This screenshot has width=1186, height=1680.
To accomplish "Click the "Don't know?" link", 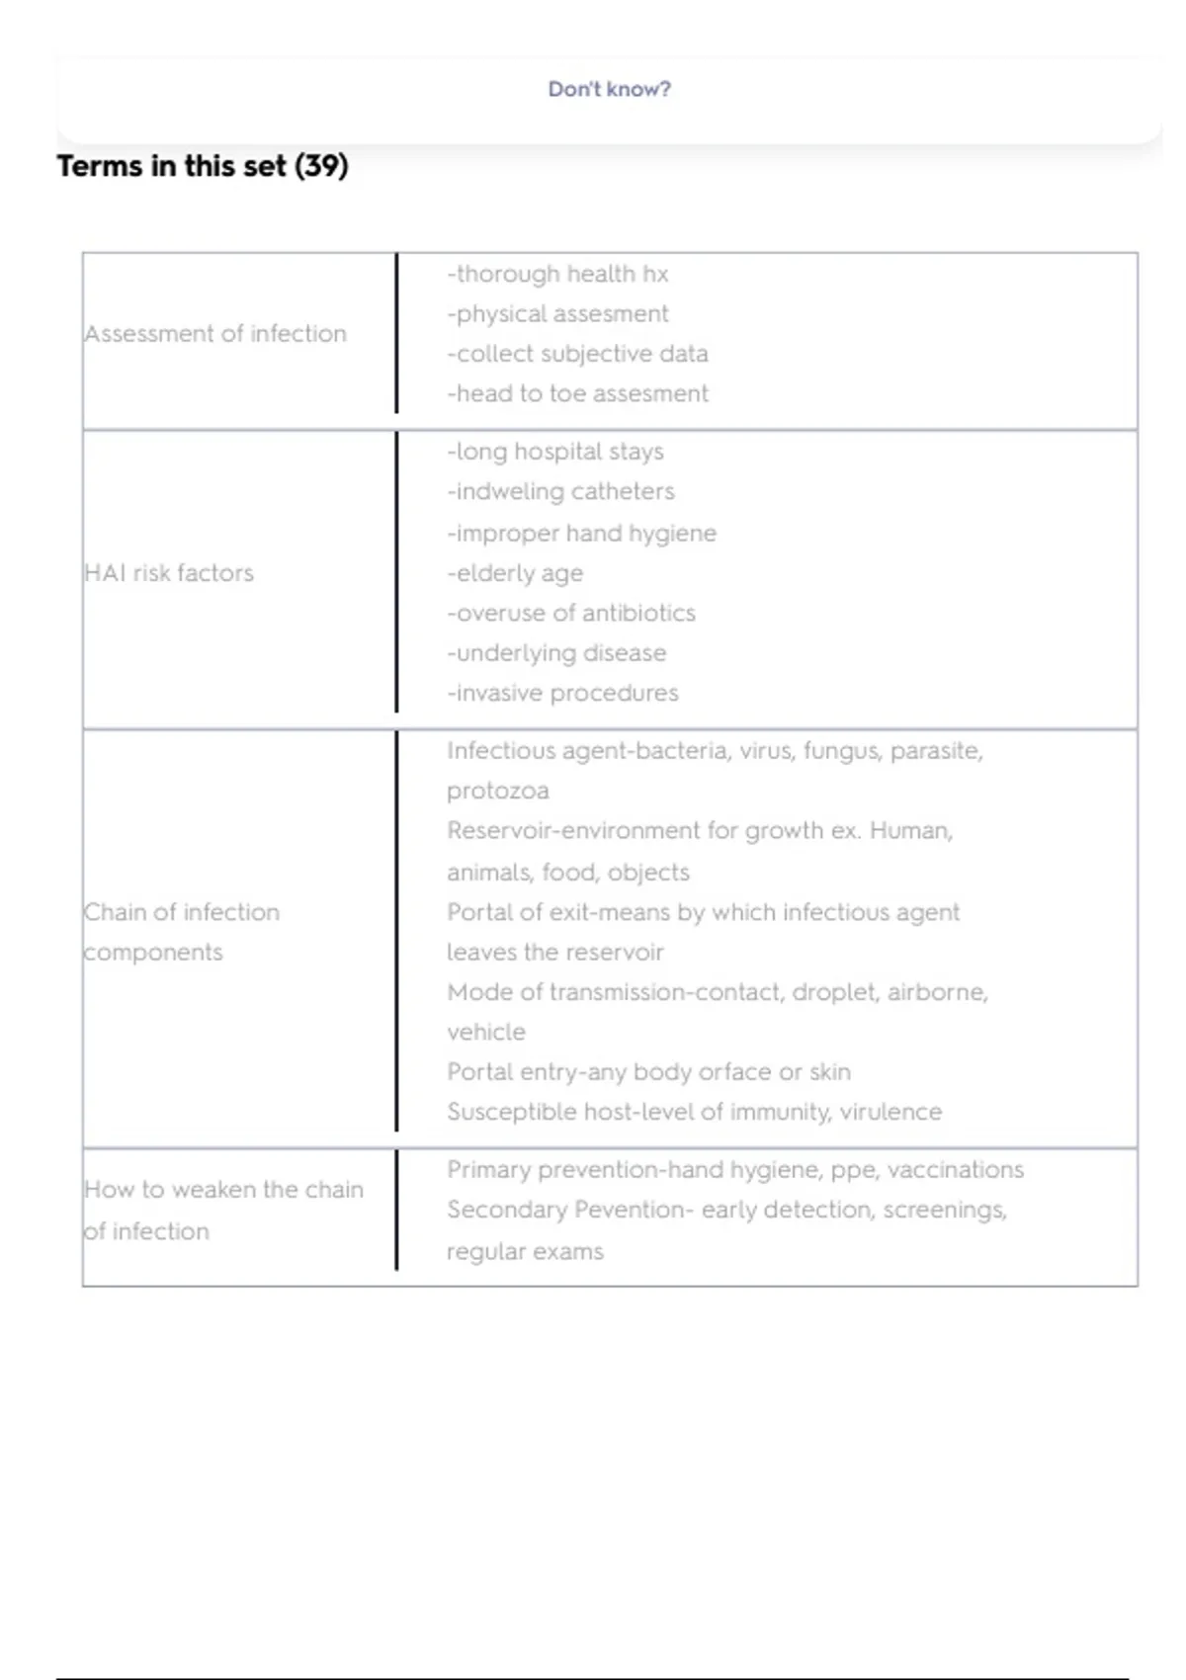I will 609,89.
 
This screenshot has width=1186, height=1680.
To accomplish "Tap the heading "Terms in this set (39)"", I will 203,166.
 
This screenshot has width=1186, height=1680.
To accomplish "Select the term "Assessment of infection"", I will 215,334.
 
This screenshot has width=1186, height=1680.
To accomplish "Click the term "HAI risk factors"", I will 169,573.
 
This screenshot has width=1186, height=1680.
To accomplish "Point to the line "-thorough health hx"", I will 557,274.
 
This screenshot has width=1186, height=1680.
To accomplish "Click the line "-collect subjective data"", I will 577,354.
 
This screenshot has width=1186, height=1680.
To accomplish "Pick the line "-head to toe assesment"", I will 577,393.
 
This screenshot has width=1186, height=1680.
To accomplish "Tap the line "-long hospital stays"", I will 554,452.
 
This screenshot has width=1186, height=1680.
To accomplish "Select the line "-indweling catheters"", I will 560,491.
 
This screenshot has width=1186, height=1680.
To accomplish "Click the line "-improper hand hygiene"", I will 581,533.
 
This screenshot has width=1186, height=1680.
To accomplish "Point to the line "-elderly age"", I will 515,573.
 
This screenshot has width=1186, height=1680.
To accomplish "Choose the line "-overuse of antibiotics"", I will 571,613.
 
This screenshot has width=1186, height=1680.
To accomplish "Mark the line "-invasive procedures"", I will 562,693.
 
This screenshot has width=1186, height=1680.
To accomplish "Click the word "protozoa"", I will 497,791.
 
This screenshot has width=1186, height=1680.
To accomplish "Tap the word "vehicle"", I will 485,1032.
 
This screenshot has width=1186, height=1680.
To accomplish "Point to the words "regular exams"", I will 525,1251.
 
